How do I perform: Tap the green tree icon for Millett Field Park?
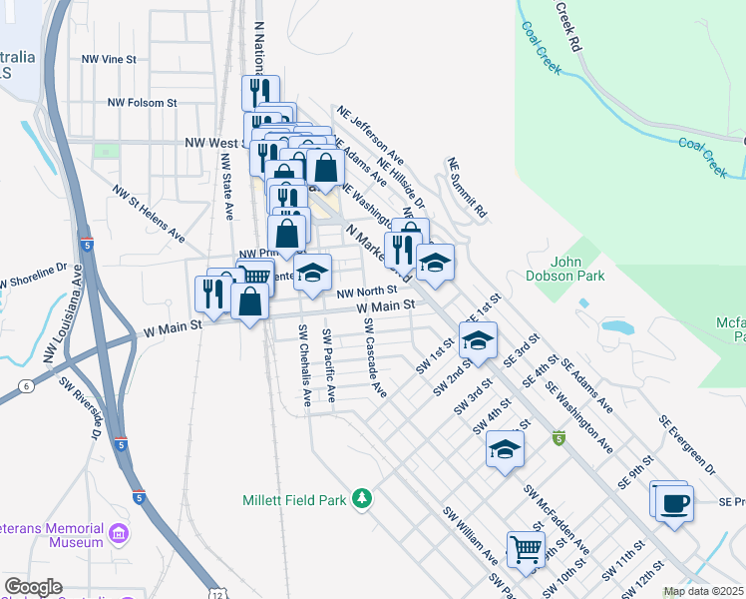pyautogui.click(x=364, y=498)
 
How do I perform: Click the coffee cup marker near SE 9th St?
pyautogui.click(x=674, y=501)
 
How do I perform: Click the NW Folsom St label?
pyautogui.click(x=142, y=102)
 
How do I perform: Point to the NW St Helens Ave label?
pyautogui.click(x=149, y=214)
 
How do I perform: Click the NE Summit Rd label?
pyautogui.click(x=467, y=188)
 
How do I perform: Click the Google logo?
pyautogui.click(x=33, y=587)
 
